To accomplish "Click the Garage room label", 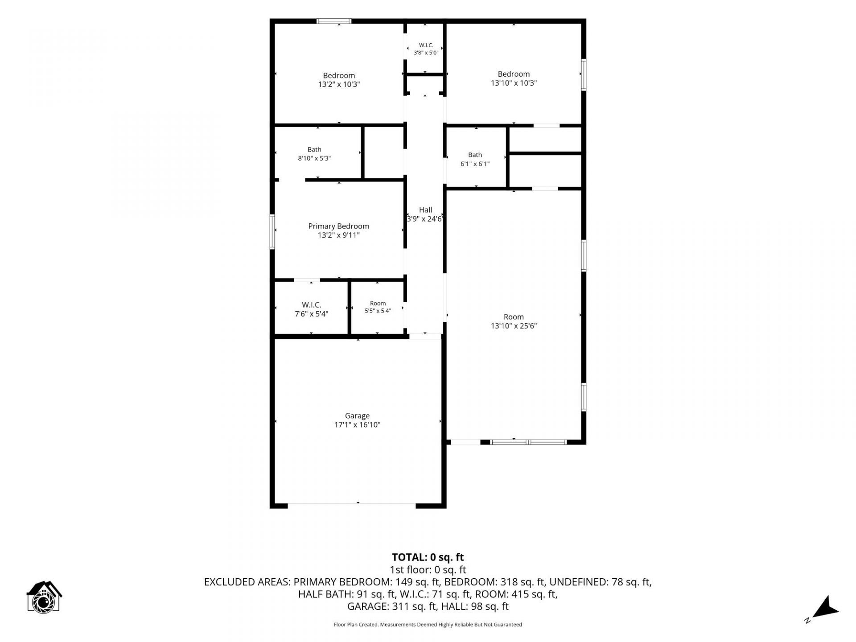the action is tap(357, 416).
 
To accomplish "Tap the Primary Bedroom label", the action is tap(338, 226).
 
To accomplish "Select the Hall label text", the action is tap(425, 210).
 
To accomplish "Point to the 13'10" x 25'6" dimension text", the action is tap(514, 326).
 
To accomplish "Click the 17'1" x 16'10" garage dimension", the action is tap(357, 425).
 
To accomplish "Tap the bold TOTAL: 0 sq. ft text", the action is tap(428, 557).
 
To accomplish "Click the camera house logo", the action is tap(44, 597).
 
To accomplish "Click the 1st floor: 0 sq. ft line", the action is tap(428, 570).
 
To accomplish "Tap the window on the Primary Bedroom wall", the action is tap(272, 231).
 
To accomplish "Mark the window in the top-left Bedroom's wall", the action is tap(334, 21).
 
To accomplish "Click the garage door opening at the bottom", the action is tap(352, 505).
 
